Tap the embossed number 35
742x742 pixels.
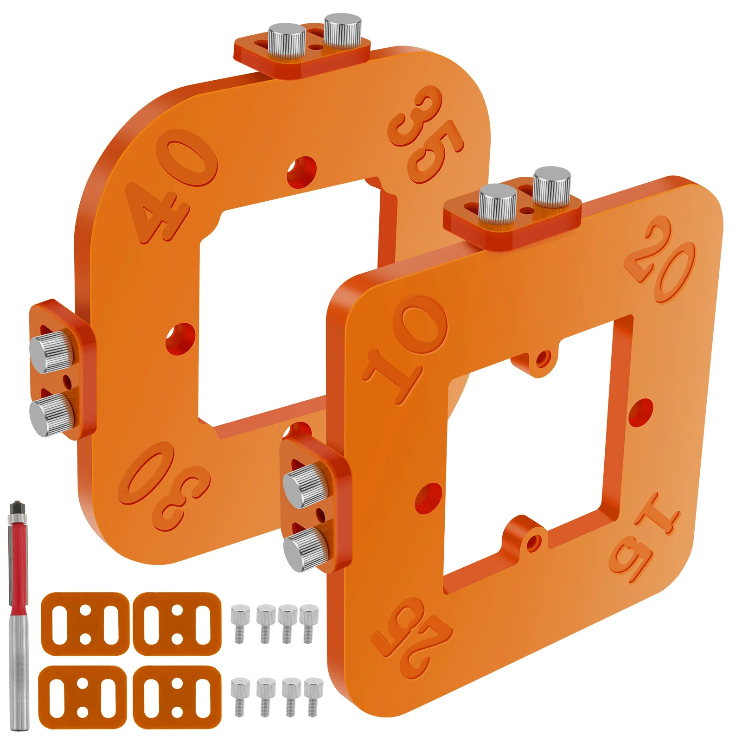[425, 134]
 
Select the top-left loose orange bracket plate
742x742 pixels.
[85, 624]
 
